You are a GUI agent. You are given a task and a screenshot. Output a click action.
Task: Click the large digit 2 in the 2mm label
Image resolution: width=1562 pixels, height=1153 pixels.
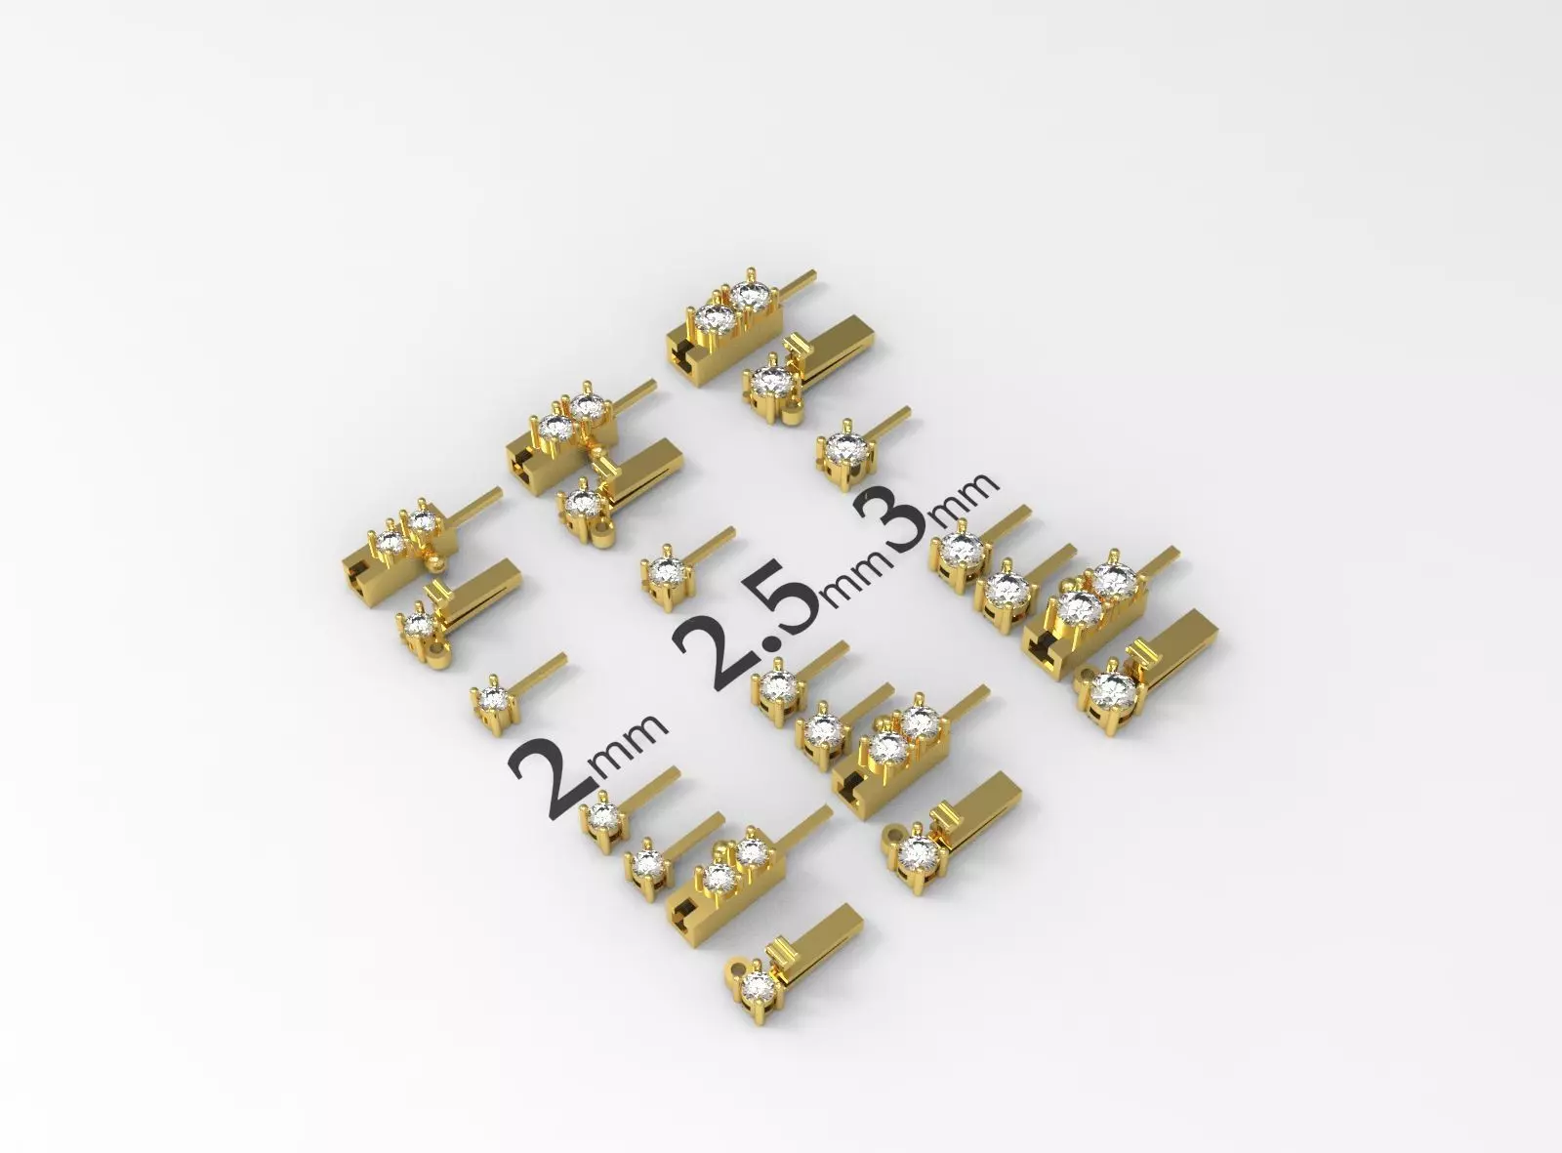click(x=550, y=783)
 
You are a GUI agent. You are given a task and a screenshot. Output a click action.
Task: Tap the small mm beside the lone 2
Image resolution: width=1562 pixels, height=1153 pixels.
click(x=631, y=748)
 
